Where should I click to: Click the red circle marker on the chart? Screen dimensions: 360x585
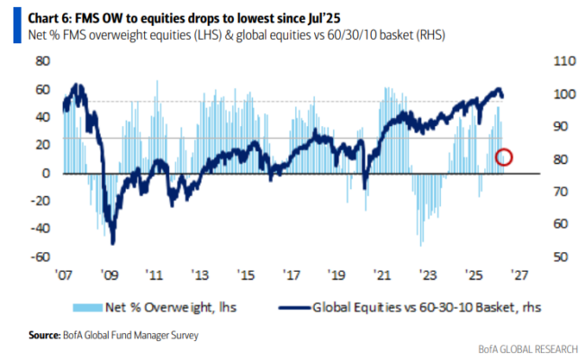504,157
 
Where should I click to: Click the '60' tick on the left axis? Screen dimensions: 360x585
41,89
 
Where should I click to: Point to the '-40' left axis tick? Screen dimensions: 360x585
40,229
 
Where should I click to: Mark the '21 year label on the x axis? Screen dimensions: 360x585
383,273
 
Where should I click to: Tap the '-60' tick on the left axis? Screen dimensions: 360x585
40,256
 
